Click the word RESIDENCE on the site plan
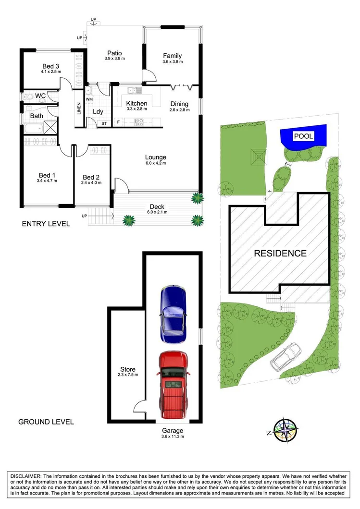coord(280,253)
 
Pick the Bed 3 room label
coord(50,66)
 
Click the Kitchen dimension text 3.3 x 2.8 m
coord(137,109)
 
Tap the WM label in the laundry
coord(89,99)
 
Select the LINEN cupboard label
coord(79,109)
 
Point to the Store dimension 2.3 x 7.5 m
coord(128,375)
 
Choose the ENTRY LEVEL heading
coord(46,224)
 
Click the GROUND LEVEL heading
coord(46,422)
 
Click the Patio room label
coord(114,53)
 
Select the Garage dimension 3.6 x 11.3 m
coord(173,436)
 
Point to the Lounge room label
coord(156,157)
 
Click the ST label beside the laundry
coord(103,123)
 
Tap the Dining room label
coord(179,104)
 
